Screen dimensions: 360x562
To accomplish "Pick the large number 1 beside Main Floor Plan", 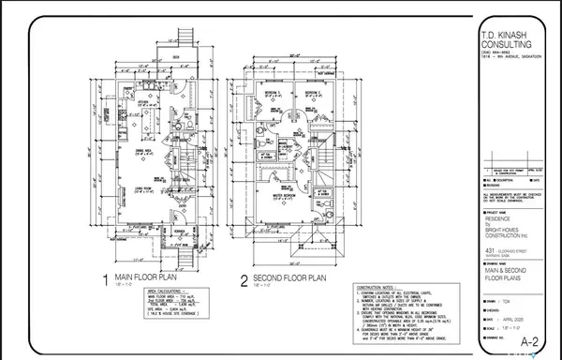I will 105,278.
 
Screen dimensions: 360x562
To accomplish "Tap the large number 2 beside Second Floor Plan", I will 243,278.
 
